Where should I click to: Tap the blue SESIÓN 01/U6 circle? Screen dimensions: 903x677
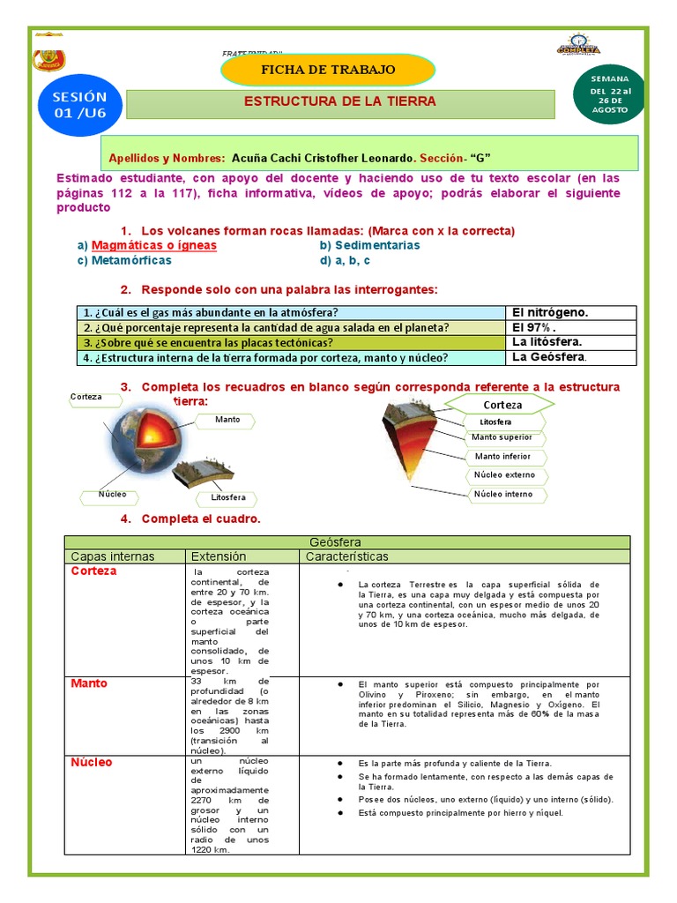pyautogui.click(x=78, y=105)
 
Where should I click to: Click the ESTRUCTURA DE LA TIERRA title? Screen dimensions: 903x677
pyautogui.click(x=340, y=101)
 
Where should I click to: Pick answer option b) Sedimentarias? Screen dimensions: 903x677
pyautogui.click(x=369, y=245)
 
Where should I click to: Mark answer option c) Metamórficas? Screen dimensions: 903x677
pyautogui.click(x=124, y=260)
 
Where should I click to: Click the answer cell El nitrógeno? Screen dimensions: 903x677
pyautogui.click(x=549, y=312)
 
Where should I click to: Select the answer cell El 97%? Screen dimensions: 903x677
pyautogui.click(x=534, y=327)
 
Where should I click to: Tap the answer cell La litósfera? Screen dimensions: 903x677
pyautogui.click(x=547, y=342)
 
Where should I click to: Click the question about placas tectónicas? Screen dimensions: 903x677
pyautogui.click(x=208, y=342)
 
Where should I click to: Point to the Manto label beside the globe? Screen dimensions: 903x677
pyautogui.click(x=227, y=420)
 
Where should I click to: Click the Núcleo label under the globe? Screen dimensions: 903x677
pyautogui.click(x=112, y=495)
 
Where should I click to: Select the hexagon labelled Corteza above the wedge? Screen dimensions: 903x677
pyautogui.click(x=502, y=405)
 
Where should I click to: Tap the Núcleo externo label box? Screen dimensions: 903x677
pyautogui.click(x=504, y=475)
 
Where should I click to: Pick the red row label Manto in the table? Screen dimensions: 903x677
pyautogui.click(x=89, y=683)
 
